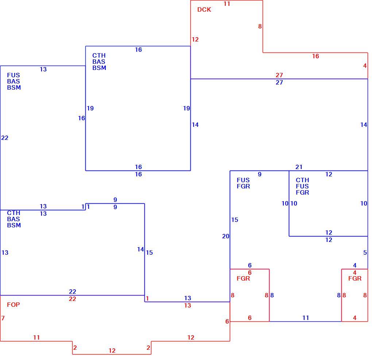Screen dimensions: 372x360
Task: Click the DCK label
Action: [x=204, y=9]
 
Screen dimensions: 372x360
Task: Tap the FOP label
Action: [x=13, y=305]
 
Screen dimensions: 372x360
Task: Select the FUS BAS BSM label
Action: [x=14, y=81]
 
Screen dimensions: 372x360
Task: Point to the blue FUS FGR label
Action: [x=243, y=183]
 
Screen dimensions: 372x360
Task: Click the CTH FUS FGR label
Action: [x=302, y=186]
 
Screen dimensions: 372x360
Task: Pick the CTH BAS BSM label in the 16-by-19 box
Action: [x=99, y=62]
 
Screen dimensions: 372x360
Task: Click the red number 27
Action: [x=279, y=75]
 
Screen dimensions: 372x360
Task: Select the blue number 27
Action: [x=279, y=82]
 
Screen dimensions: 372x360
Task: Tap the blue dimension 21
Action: [x=299, y=167]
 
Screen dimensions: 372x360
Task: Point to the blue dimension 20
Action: [x=226, y=236]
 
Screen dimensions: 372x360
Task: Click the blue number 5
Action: [x=365, y=253]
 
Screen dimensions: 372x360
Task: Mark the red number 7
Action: [x=3, y=318]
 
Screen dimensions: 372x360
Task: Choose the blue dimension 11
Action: [x=306, y=318]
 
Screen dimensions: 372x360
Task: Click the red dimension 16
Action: [x=315, y=56]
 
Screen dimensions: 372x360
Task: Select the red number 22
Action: [x=72, y=299]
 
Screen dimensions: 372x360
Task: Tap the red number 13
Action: [x=187, y=305]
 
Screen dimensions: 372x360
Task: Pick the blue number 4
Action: [x=355, y=265]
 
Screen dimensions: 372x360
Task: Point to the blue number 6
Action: [x=249, y=265]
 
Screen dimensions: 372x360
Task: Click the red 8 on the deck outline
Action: [x=260, y=26]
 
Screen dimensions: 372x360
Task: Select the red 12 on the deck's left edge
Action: [x=195, y=39]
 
